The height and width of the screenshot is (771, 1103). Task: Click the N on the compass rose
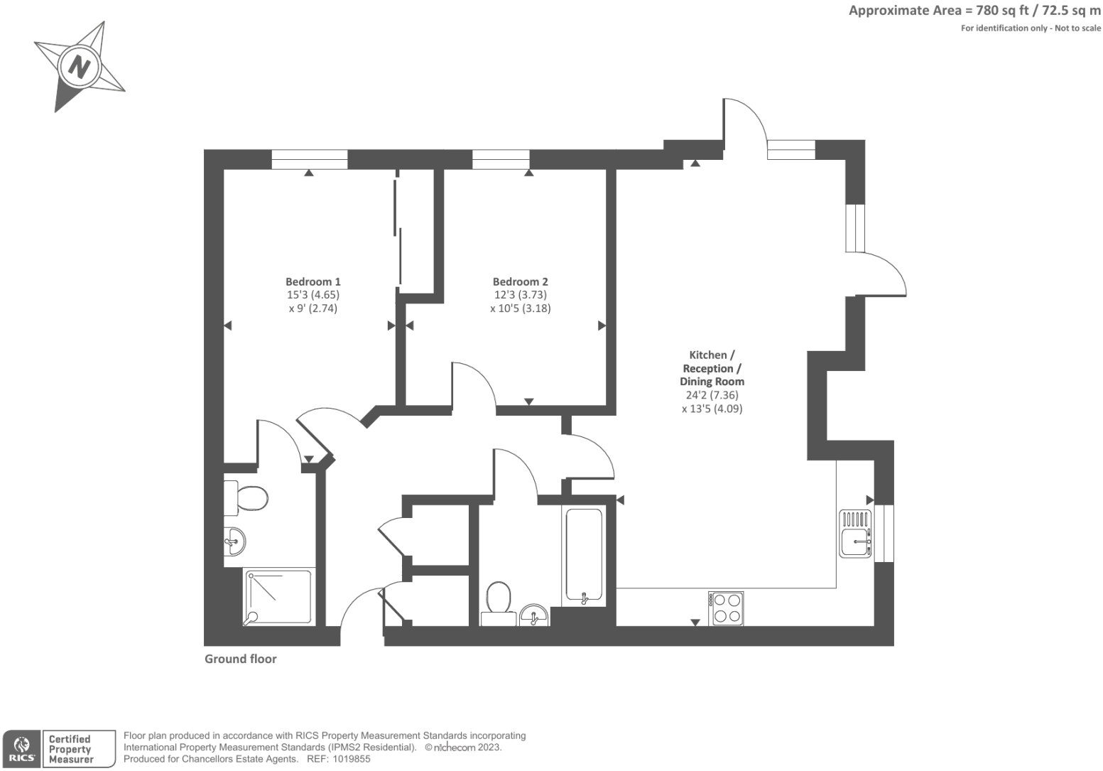pos(78,68)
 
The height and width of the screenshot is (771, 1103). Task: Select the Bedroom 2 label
pos(520,281)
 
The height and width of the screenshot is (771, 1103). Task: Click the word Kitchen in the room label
pos(708,355)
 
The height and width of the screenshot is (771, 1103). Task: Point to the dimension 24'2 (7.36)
pos(712,395)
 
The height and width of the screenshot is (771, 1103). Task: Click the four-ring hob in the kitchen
pos(726,608)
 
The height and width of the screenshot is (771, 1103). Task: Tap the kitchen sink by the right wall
pos(855,533)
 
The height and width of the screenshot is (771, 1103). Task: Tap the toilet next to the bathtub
pos(499,600)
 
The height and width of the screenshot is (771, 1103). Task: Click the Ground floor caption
pos(240,659)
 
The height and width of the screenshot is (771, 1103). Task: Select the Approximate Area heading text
pos(974,11)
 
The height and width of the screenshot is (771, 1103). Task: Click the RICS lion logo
pos(21,748)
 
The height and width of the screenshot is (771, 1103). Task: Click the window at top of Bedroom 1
pos(309,159)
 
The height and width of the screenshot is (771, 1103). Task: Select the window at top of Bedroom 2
pos(501,159)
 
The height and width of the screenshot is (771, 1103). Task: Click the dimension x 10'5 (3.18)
pos(520,308)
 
